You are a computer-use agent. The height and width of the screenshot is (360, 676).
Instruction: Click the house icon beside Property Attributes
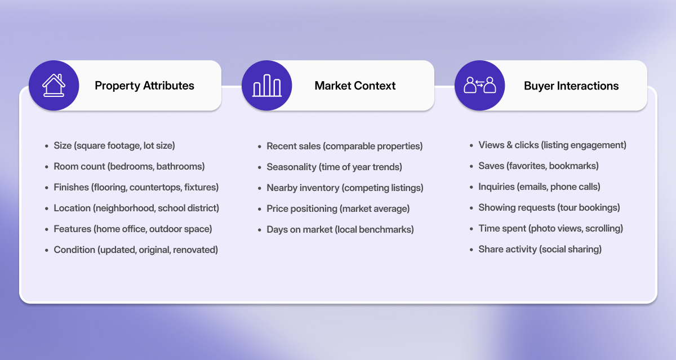pos(54,86)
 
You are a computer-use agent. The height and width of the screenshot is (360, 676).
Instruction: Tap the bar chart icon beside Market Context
pos(266,86)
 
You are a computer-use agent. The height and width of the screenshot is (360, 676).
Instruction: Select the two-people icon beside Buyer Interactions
pos(479,86)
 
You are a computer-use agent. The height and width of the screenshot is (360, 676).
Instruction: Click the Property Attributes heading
pos(144,86)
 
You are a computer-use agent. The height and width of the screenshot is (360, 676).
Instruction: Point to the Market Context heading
pos(355,86)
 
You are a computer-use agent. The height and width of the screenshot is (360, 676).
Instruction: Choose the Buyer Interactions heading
pos(571,86)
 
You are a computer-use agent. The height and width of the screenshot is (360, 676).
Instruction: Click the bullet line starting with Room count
pos(129,166)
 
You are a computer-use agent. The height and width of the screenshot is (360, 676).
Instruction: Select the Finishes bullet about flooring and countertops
pos(136,187)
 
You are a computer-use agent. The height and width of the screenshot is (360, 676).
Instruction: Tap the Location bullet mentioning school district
pos(136,208)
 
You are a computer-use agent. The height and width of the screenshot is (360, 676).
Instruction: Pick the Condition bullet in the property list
pos(136,250)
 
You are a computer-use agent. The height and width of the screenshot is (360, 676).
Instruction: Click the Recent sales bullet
pos(344,146)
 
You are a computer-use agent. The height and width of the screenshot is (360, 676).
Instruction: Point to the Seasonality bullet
pos(334,167)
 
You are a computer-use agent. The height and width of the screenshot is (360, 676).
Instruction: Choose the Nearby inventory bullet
pos(345,188)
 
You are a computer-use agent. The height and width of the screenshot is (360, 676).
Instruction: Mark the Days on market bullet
pos(340,229)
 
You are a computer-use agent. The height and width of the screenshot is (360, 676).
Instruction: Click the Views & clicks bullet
pos(552,145)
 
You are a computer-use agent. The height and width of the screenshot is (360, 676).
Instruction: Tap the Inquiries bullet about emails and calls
pos(539,186)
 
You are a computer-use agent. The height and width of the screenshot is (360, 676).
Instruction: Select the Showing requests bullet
pos(549,207)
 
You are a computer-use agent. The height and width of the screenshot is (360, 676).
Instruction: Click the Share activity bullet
pos(540,249)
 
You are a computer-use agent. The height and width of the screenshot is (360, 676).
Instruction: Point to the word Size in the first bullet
pos(63,145)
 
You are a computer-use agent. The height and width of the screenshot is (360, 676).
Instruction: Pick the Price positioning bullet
pos(338,208)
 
